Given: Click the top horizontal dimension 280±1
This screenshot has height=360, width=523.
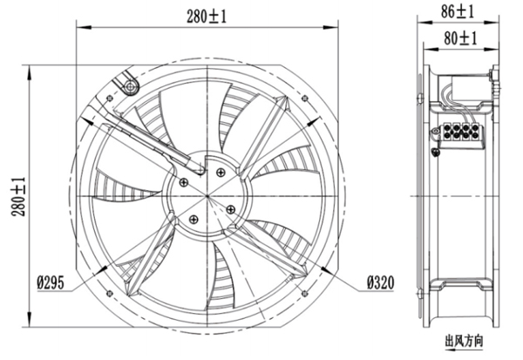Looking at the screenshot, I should click(206, 15).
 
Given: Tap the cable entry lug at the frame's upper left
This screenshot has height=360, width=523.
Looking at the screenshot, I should click(130, 85).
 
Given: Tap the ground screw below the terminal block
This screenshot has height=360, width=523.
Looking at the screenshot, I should click(437, 154).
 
